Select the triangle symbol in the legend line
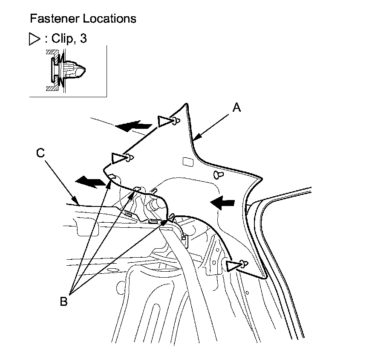click(34, 39)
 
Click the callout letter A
click(237, 108)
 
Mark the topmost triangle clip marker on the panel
click(164, 122)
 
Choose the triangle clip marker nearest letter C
click(118, 158)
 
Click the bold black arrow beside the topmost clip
click(133, 126)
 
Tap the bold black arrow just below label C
click(90, 183)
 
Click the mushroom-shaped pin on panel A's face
click(219, 175)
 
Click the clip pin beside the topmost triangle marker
click(175, 122)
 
